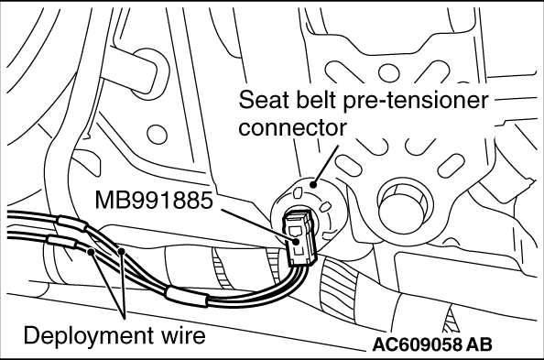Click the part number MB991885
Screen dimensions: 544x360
pos(153,201)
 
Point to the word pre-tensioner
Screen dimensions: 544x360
pos(415,101)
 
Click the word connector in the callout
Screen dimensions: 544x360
pos(292,127)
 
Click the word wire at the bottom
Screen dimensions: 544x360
pos(182,335)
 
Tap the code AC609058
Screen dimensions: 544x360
pos(417,344)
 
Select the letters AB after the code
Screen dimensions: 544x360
pos(479,344)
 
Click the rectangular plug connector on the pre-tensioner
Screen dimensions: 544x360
pos(300,237)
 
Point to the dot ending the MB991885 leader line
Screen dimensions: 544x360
pos(296,242)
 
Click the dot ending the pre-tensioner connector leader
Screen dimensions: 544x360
pos(313,184)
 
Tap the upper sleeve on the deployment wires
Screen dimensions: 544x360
pos(71,224)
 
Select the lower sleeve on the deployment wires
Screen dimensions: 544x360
pos(61,242)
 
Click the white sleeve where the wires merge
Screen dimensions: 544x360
pos(187,297)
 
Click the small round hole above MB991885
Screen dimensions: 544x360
pos(157,135)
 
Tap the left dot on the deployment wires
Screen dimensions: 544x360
pos(92,251)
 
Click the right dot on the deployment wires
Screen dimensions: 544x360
pos(121,250)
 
